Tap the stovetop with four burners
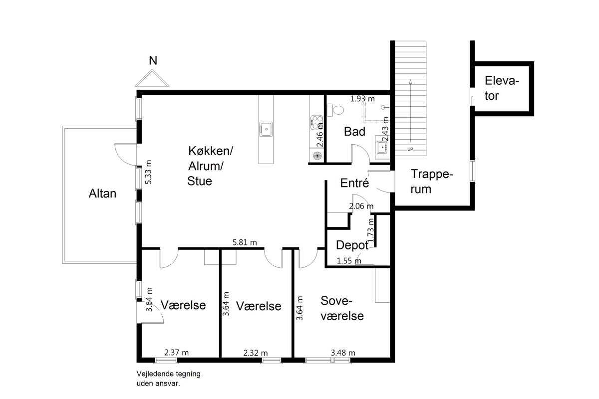pyautogui.click(x=316, y=122)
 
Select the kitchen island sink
pyautogui.click(x=266, y=129)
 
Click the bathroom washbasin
pyautogui.click(x=381, y=147)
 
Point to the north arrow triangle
pyautogui.click(x=152, y=78)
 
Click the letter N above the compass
pyautogui.click(x=153, y=61)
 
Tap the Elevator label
pyautogui.click(x=502, y=88)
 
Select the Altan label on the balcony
pyautogui.click(x=102, y=194)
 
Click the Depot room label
pyautogui.click(x=352, y=245)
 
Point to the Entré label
pyautogui.click(x=354, y=183)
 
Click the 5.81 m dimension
pyautogui.click(x=245, y=242)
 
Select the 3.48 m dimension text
pyautogui.click(x=343, y=353)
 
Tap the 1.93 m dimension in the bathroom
pyautogui.click(x=362, y=99)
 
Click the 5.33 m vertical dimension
pyautogui.click(x=148, y=172)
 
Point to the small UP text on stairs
pyautogui.click(x=410, y=150)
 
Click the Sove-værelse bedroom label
pyautogui.click(x=342, y=308)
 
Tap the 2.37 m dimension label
pyautogui.click(x=177, y=353)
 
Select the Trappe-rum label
pyautogui.click(x=432, y=182)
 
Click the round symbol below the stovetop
pyautogui.click(x=317, y=156)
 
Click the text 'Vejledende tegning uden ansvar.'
pyautogui.click(x=169, y=379)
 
